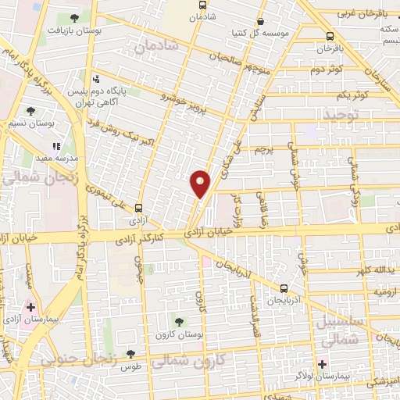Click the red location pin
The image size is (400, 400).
tap(200, 183)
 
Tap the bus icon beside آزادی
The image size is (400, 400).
tap(138, 208)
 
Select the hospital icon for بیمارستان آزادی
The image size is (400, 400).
tap(30, 308)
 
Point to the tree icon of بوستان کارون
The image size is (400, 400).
tap(179, 320)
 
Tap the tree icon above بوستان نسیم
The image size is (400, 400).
tap(30, 111)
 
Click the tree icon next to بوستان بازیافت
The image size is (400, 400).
tap(74, 18)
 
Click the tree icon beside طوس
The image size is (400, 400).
tap(131, 354)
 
